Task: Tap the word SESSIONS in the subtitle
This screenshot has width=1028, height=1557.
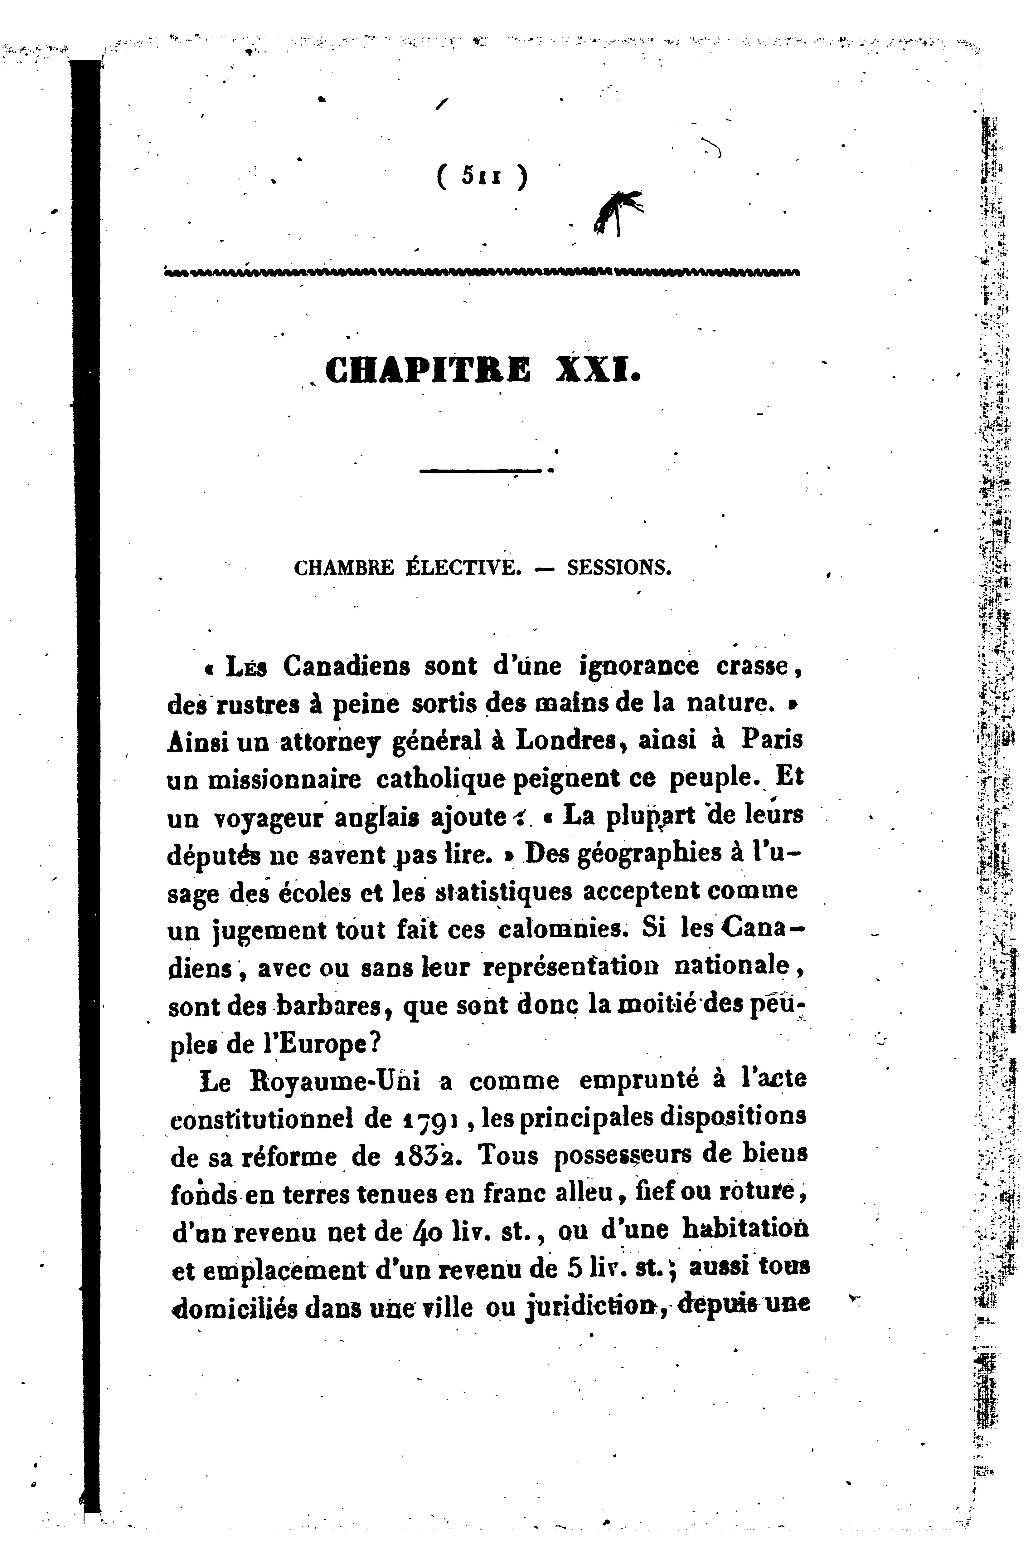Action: pos(619,567)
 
